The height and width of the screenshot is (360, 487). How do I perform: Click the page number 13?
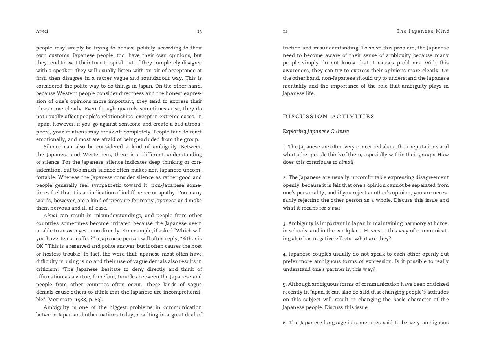[x=200, y=31]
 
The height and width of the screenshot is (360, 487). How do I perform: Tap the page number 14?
[x=285, y=31]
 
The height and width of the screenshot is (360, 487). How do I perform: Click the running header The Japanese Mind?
[x=423, y=31]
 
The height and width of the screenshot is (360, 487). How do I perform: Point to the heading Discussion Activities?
[x=328, y=117]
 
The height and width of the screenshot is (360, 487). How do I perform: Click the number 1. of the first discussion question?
[x=285, y=147]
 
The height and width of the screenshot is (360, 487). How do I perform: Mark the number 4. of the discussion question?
[x=285, y=254]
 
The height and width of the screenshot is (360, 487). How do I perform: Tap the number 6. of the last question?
[x=285, y=323]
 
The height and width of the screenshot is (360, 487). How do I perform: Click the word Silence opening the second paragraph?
[x=52, y=147]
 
